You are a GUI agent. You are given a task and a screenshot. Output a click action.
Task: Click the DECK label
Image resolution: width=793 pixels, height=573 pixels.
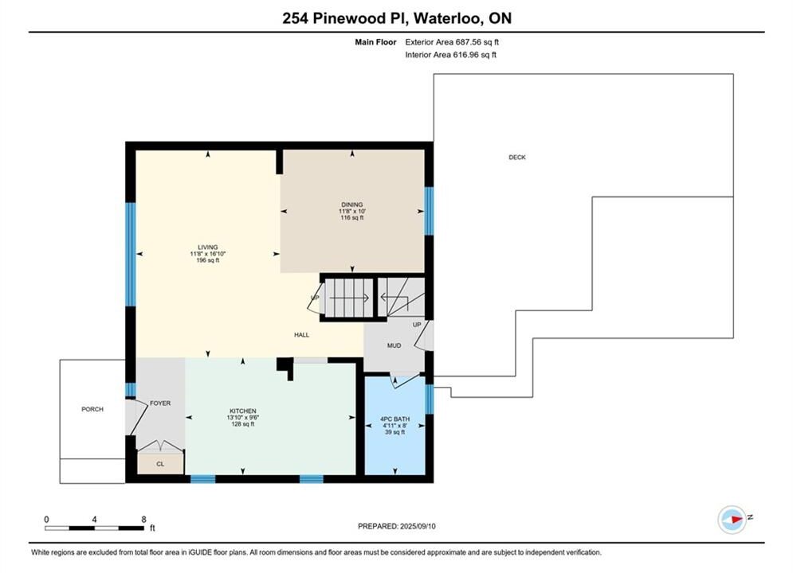tap(517, 158)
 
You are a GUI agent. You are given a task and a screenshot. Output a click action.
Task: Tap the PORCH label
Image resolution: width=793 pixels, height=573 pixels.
tap(92, 409)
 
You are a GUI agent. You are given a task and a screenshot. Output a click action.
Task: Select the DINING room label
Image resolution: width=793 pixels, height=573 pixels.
tap(352, 205)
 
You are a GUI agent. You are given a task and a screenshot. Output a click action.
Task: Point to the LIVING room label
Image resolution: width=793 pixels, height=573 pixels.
tap(208, 248)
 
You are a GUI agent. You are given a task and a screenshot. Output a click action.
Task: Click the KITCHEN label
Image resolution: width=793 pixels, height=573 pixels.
tap(243, 411)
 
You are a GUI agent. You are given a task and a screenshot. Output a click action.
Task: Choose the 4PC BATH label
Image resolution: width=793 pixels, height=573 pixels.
tap(395, 419)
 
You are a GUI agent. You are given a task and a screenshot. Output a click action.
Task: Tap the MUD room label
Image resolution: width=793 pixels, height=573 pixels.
tap(394, 346)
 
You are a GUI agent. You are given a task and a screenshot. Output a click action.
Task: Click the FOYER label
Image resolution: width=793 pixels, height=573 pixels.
tap(160, 403)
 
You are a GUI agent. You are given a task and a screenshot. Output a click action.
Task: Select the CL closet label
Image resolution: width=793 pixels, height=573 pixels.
tap(160, 464)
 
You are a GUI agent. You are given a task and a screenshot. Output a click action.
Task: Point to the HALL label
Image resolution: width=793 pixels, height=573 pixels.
tap(301, 335)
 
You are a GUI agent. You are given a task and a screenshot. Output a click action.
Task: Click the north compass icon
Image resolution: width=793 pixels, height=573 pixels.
tap(732, 519)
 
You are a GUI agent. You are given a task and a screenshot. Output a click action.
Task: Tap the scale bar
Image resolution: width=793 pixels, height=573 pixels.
tap(94, 528)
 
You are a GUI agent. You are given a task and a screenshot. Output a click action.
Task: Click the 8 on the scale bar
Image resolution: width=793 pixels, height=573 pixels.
tap(143, 519)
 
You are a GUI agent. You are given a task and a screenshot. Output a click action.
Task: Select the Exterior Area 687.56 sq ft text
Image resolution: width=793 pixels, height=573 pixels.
tap(452, 42)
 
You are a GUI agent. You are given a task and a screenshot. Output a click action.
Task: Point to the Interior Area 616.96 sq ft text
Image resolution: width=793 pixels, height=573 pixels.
tap(450, 55)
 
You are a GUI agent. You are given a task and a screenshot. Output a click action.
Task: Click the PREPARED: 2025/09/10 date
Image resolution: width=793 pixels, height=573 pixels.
tap(397, 526)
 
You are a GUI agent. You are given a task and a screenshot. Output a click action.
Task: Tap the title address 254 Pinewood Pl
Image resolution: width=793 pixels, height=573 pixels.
tap(344, 18)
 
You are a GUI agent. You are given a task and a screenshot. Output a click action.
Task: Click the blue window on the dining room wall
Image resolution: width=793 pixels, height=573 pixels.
tap(429, 211)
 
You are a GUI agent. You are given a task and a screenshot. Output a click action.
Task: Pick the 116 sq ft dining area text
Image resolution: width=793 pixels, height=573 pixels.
tap(352, 217)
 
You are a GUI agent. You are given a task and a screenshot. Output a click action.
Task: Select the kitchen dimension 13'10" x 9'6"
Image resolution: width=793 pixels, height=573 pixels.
tap(243, 418)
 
